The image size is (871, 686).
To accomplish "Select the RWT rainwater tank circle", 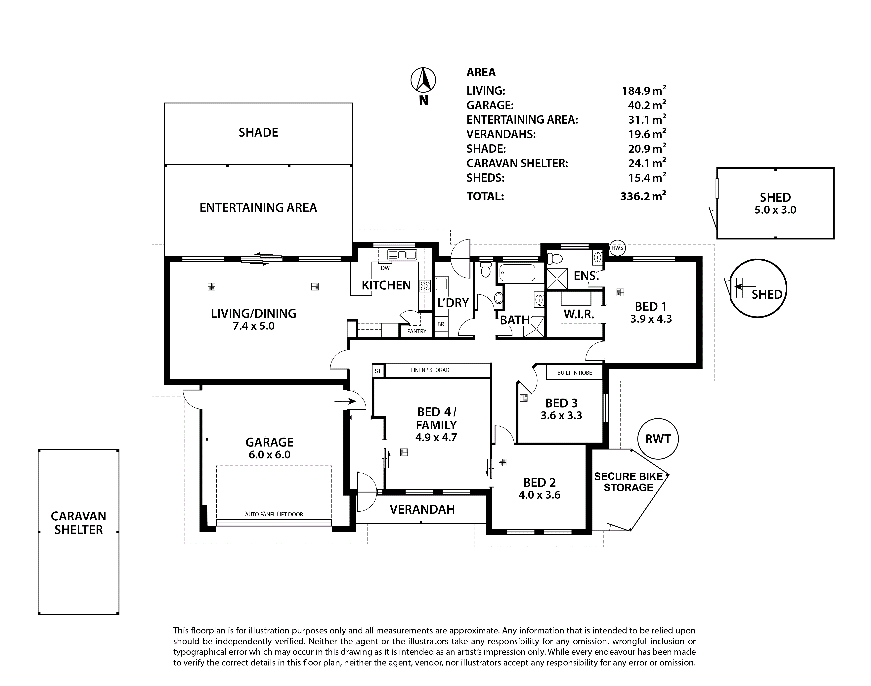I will click(658, 439).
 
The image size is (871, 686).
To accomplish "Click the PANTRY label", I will click(416, 331).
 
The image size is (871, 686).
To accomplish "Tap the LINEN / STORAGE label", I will click(432, 370).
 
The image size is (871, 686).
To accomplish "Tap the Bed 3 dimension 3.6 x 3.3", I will click(561, 415).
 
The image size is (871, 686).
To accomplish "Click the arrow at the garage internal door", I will click(345, 401).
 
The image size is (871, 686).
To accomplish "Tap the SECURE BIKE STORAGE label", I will click(629, 482).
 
